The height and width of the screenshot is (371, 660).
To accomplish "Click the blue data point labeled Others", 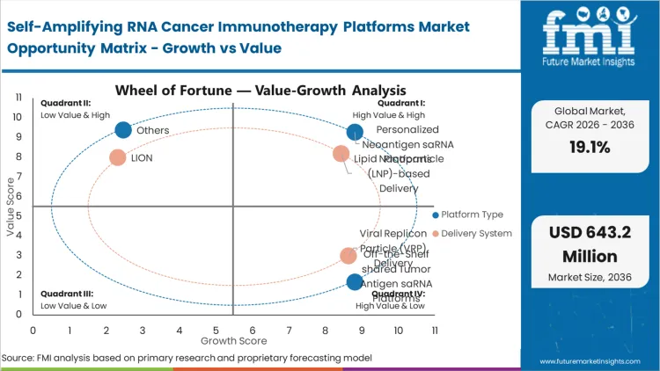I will tap(123, 130).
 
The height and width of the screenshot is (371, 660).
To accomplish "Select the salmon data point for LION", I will tap(117, 158).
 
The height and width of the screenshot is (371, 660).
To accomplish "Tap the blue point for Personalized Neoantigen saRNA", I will tap(355, 133).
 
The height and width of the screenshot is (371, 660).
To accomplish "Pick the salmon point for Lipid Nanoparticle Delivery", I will tap(341, 155).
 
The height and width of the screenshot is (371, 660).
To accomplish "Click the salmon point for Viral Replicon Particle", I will tap(348, 256).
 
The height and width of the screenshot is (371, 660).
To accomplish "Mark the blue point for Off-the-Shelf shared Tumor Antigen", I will tap(355, 282).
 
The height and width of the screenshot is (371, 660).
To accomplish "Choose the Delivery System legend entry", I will tap(475, 233).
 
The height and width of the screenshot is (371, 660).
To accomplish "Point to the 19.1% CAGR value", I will tap(590, 148).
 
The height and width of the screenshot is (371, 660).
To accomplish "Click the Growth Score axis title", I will tap(232, 339).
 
